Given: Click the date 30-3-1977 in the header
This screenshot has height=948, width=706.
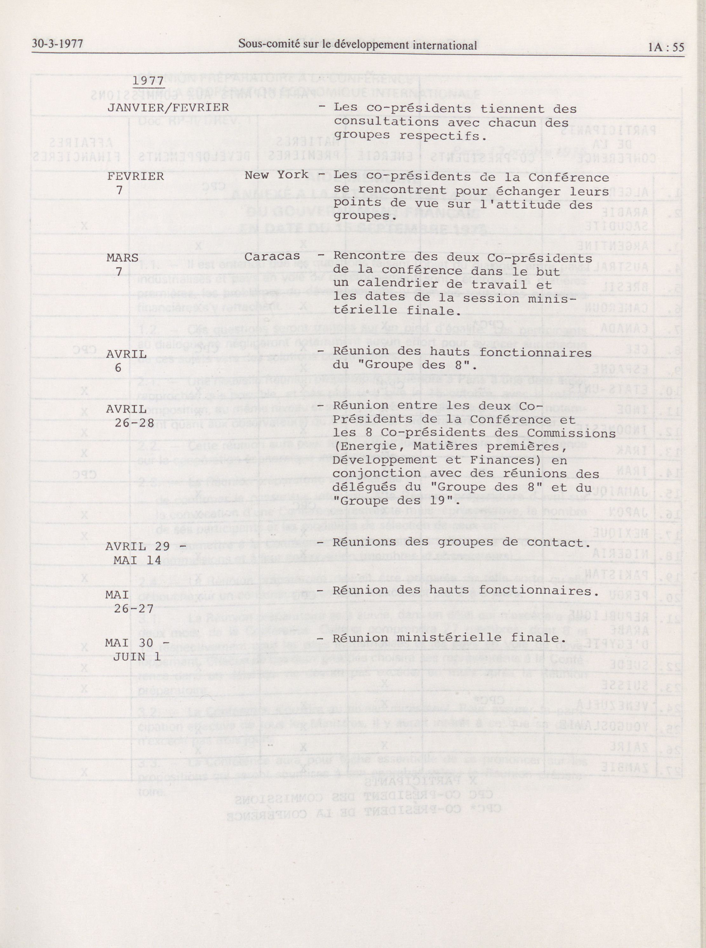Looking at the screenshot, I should click(x=57, y=44).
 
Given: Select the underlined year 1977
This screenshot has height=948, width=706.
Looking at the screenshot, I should click(x=148, y=80).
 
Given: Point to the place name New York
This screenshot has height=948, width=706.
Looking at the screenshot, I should click(x=276, y=174).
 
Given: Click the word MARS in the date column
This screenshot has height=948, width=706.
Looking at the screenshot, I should click(x=123, y=258).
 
